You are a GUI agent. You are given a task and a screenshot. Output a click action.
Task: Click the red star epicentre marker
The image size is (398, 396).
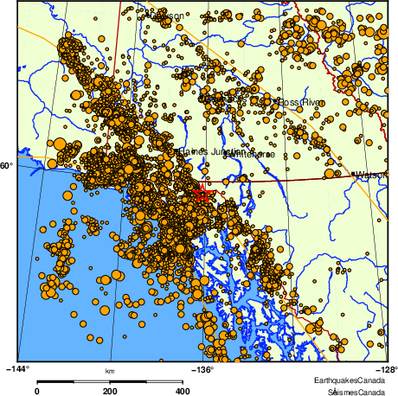[x=202, y=193]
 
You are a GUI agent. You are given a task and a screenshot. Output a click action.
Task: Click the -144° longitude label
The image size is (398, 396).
[x=18, y=368]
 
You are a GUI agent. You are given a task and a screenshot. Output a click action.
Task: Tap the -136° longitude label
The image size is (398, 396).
[x=202, y=368]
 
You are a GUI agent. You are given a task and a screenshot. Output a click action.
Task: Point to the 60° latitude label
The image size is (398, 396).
[x=6, y=164]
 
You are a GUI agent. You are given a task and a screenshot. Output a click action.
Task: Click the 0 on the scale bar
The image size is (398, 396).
[x=36, y=391]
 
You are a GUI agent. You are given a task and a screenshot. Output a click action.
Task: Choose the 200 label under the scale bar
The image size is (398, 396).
[x=110, y=391]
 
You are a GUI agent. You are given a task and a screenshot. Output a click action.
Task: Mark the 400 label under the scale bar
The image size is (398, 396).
[x=183, y=391]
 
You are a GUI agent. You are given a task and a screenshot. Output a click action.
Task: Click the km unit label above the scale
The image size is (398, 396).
[x=110, y=372]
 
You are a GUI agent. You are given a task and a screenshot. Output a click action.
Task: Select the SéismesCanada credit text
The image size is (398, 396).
[x=351, y=391]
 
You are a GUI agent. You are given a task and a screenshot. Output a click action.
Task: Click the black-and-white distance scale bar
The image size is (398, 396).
[x=110, y=380]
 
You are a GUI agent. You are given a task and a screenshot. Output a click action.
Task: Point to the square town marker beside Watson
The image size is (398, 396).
[x=353, y=175]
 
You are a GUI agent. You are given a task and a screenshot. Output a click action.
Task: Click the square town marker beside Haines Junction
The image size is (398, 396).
[x=177, y=150]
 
